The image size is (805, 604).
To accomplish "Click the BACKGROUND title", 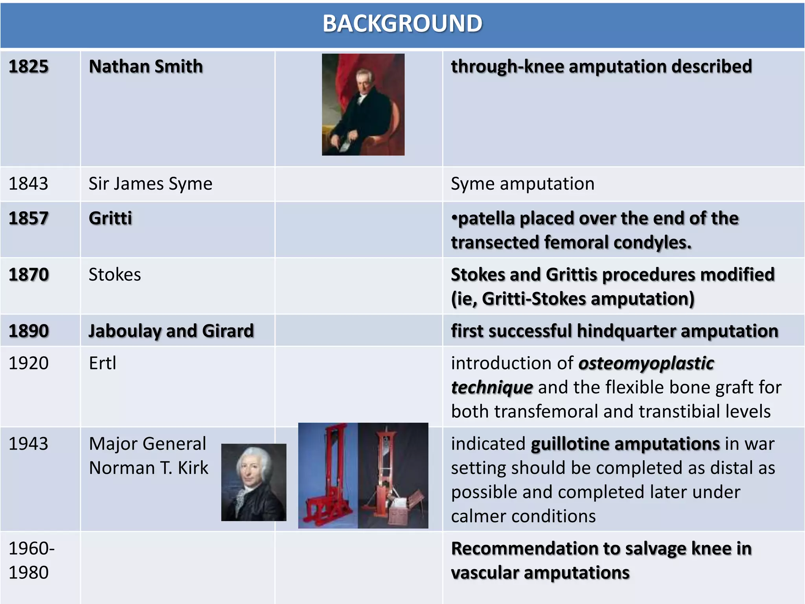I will [402, 24].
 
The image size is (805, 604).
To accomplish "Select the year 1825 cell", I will [29, 66].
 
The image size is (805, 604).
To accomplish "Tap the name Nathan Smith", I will [146, 66].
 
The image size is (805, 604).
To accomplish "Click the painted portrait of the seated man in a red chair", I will [363, 105].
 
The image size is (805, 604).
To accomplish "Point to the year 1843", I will [28, 184].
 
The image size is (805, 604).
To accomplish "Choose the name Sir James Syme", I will [150, 184].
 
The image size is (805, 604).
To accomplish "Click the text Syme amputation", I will [522, 184].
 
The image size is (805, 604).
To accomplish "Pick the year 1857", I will [29, 218].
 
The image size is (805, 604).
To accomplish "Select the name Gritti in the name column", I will [110, 218].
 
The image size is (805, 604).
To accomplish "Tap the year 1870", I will [29, 274].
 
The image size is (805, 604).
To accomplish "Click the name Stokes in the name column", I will [115, 274].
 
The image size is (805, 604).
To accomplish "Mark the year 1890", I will [29, 331].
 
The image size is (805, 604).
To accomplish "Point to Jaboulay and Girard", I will [171, 331].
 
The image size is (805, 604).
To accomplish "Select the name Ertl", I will [103, 363].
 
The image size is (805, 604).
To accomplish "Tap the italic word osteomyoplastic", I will [646, 363].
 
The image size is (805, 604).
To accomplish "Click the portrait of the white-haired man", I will [254, 482].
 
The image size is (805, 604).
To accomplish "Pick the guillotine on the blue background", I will [328, 475].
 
